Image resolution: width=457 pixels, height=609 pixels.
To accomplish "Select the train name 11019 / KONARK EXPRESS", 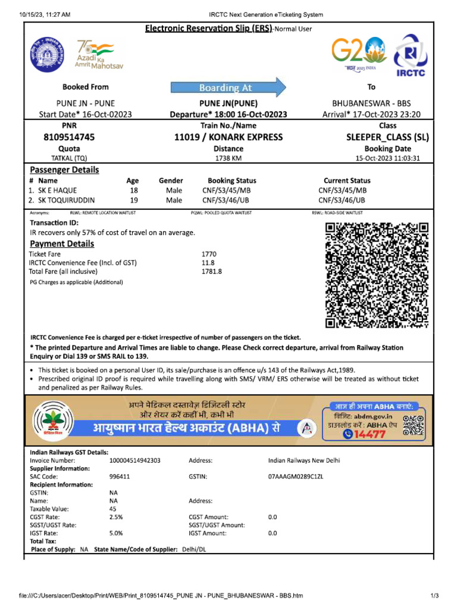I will [228, 137].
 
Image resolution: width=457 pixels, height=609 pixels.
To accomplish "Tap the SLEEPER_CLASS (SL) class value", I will [387, 137].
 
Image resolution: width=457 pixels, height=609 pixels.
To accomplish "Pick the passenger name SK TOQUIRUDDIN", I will [66, 200].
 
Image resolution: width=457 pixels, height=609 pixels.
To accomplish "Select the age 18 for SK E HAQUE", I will [134, 190].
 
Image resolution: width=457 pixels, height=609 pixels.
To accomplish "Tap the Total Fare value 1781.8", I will [212, 271].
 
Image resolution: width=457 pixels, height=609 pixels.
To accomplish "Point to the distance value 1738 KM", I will [228, 158].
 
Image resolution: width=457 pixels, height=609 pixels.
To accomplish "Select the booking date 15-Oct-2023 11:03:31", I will [387, 158].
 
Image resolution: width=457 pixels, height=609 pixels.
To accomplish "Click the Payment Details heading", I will [62, 244].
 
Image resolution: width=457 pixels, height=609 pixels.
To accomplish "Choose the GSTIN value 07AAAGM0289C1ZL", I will [296, 477].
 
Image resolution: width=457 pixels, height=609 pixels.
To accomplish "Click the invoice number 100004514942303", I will [135, 460].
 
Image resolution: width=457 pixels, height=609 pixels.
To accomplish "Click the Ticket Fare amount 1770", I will [209, 254].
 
